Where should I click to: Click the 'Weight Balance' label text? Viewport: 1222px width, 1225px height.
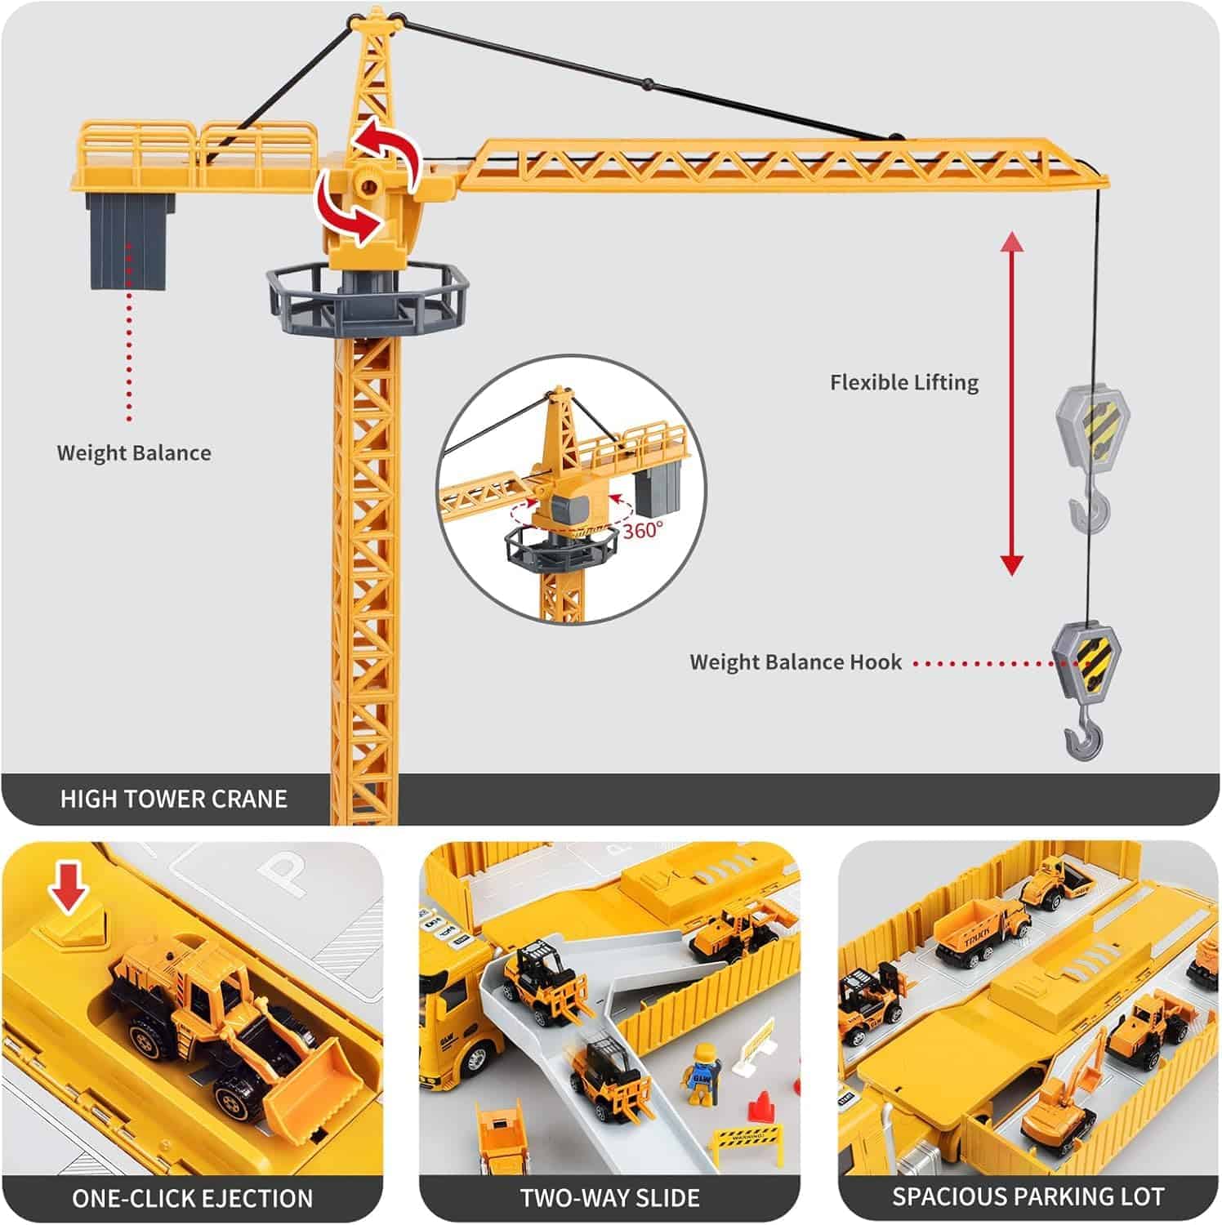coord(134,453)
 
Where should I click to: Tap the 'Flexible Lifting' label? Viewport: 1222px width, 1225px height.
coord(904,382)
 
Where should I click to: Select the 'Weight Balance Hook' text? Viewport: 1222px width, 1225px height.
coord(796,662)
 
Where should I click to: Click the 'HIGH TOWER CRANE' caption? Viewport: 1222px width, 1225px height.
coord(173,799)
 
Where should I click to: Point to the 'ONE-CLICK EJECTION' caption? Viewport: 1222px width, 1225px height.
coord(193,1198)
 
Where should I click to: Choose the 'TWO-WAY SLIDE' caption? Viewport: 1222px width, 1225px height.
coord(610,1198)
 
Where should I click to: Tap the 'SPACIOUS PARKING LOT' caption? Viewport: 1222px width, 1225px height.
coord(1028,1197)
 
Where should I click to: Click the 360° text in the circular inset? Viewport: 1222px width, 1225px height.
coord(643,531)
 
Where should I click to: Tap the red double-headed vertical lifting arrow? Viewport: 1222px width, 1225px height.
coord(1011,404)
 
